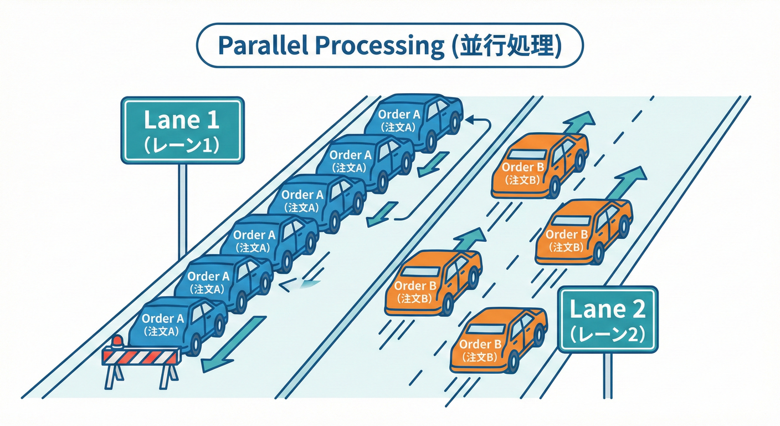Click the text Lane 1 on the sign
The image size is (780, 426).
182,120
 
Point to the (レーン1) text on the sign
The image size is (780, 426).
182,145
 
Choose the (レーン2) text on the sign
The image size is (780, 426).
608,334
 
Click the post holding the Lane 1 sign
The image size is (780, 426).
182,211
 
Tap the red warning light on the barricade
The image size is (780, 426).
117,341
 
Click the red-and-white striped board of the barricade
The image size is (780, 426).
141,356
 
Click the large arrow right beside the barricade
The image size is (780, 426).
233,344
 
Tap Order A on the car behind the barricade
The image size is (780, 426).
162,318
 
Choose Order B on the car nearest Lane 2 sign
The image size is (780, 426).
480,344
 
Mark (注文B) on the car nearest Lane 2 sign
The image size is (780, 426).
480,357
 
